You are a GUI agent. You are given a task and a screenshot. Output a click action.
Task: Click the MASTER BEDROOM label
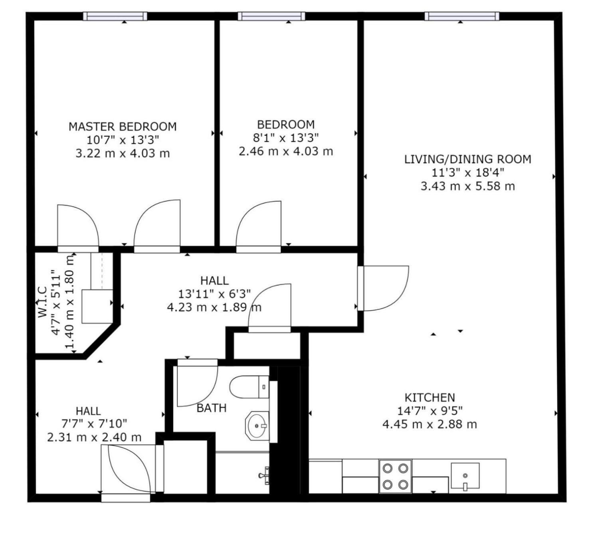[x=123, y=127]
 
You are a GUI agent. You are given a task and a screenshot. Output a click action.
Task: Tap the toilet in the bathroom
[x=249, y=387]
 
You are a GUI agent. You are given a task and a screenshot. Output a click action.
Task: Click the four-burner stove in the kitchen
[x=395, y=476]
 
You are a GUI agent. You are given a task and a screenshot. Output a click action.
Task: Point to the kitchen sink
[x=465, y=476]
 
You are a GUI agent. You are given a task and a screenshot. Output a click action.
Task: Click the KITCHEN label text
[x=430, y=398]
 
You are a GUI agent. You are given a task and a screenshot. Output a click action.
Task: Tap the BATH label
[x=212, y=408]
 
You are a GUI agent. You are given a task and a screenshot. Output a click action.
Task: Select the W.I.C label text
[x=43, y=302]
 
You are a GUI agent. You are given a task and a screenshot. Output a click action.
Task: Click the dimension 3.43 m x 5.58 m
[x=467, y=186]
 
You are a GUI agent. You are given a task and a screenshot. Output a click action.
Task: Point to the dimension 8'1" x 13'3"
[x=285, y=138]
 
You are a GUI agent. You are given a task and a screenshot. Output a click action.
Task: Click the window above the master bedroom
[x=115, y=16]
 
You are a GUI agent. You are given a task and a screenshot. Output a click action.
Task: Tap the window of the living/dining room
[x=462, y=16]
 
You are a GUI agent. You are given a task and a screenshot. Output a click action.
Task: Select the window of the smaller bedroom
[x=271, y=16]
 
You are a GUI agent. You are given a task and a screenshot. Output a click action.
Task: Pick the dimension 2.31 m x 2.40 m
[x=94, y=437]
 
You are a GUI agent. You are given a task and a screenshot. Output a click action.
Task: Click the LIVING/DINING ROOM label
[x=467, y=159]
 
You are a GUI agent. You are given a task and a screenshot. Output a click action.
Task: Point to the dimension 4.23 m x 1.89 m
[x=214, y=307]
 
